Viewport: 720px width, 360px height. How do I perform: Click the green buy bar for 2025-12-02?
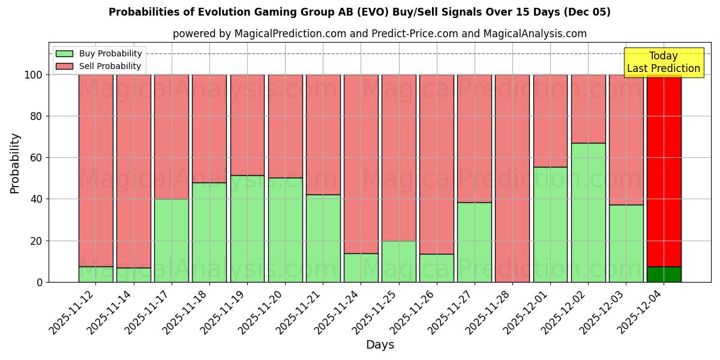(588, 212)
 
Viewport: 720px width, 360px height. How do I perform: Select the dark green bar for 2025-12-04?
(664, 274)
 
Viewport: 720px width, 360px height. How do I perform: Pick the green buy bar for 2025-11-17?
(172, 240)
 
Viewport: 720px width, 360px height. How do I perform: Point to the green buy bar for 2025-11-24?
(361, 268)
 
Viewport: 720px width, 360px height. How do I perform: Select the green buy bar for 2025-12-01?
(550, 224)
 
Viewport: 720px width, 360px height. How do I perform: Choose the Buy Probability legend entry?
(99, 53)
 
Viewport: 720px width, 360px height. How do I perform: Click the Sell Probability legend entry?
(99, 66)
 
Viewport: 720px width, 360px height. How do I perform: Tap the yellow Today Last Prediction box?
(663, 62)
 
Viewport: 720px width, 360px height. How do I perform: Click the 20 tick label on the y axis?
(36, 241)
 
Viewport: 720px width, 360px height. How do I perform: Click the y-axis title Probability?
(15, 163)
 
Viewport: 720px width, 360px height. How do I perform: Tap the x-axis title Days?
(380, 345)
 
